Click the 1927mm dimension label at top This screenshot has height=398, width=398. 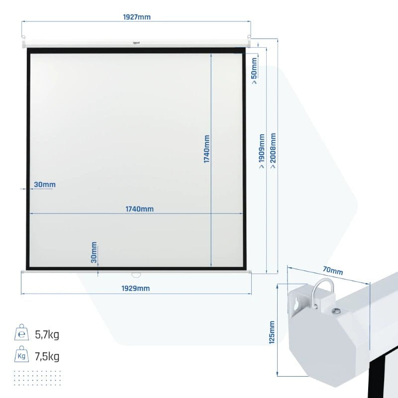point(136,17)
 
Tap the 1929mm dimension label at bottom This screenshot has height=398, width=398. point(135,289)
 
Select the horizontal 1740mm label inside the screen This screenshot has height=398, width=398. point(140,209)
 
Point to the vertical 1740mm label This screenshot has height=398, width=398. point(207,149)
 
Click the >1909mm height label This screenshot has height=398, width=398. point(262,151)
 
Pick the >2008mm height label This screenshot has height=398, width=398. point(273,151)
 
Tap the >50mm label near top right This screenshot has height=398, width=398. point(254,71)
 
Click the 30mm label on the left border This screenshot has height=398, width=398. point(45,185)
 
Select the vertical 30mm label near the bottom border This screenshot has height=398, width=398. point(94,252)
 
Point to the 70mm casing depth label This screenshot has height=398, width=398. point(333,271)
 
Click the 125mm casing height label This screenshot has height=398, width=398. point(272,332)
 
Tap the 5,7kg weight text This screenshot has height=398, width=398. point(47,334)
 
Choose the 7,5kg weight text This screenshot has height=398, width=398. point(47,356)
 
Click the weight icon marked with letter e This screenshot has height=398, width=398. point(21,332)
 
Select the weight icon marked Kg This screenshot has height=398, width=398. point(21,354)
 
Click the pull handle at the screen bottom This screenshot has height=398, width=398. point(136,275)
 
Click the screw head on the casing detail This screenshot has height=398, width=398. point(337,310)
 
